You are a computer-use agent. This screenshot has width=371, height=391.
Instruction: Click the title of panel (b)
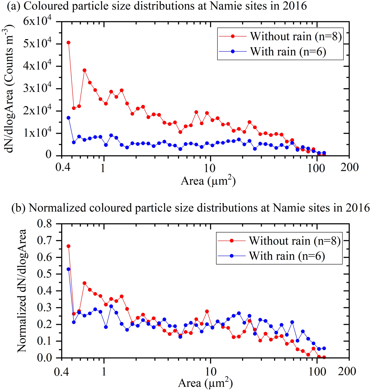[x=191, y=208]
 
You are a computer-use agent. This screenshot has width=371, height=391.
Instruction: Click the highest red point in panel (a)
[x=69, y=43]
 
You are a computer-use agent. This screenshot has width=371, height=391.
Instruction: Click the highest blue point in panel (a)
[x=69, y=118]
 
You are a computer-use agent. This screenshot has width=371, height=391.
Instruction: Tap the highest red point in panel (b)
[x=69, y=246]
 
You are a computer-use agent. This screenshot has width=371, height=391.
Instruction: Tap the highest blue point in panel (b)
[x=69, y=269]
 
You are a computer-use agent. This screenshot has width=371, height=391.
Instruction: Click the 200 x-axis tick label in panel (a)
[x=349, y=167]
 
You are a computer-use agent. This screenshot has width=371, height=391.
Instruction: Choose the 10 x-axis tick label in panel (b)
[x=210, y=372]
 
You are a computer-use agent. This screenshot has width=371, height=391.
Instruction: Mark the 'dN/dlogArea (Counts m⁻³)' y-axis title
[x=9, y=88]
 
